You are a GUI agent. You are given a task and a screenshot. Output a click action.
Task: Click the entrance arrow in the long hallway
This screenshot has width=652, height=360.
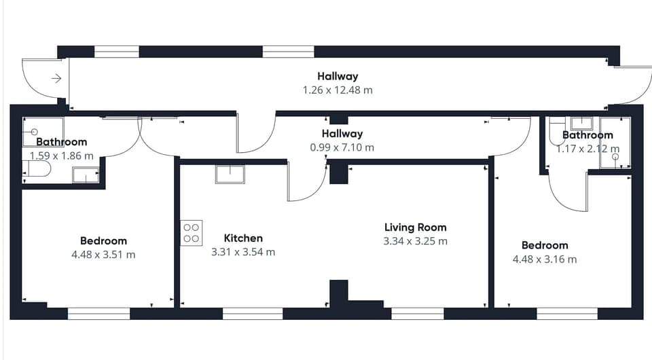[56, 79]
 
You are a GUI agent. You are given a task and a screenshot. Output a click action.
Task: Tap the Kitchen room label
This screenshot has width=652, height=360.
[243, 238]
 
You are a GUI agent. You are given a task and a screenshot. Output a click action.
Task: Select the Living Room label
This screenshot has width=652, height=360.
[415, 228]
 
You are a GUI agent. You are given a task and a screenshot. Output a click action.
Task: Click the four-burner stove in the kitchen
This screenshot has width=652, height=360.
[191, 233]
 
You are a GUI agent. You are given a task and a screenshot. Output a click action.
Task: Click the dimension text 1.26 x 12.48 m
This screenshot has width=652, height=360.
[338, 90]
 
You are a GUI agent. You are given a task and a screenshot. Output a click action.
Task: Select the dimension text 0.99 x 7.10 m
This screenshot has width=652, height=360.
[342, 147]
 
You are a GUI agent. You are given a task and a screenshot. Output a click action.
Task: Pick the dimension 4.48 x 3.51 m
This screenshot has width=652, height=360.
[103, 255]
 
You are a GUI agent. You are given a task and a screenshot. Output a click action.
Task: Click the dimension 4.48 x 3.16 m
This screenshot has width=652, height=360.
[544, 259]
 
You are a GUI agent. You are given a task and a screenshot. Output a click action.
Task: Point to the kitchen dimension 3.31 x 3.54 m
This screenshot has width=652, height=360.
[243, 252]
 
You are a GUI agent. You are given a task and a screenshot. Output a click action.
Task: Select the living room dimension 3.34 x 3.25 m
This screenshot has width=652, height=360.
[415, 241]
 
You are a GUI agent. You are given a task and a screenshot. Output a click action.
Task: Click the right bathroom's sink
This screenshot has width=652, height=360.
[581, 123]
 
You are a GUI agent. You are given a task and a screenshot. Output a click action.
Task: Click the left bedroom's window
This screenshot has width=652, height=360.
[98, 313]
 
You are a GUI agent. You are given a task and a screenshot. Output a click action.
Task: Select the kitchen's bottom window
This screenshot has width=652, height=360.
[253, 313]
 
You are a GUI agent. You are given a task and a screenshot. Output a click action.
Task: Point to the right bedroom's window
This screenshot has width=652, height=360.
[567, 313]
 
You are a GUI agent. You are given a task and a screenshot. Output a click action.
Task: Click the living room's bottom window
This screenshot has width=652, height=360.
[417, 313]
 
